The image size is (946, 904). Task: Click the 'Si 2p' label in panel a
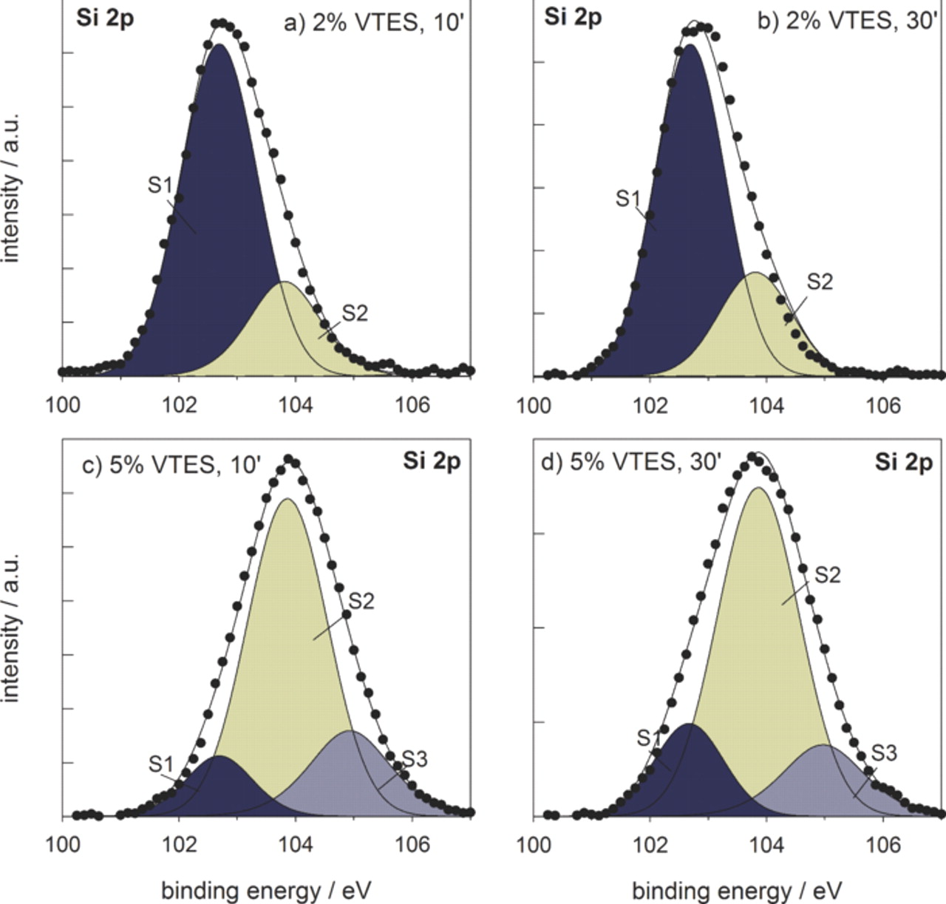tap(105, 18)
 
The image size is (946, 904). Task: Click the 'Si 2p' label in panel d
tap(903, 462)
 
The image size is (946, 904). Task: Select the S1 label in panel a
tap(160, 185)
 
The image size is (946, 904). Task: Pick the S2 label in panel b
tap(819, 281)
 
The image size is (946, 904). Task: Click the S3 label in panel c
tap(415, 760)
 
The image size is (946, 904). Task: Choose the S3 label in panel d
tap(884, 752)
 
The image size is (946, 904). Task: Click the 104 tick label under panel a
tap(296, 404)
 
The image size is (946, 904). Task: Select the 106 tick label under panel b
tap(882, 405)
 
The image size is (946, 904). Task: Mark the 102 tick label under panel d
tap(650, 843)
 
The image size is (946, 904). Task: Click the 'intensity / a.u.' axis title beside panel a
tap(12, 187)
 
